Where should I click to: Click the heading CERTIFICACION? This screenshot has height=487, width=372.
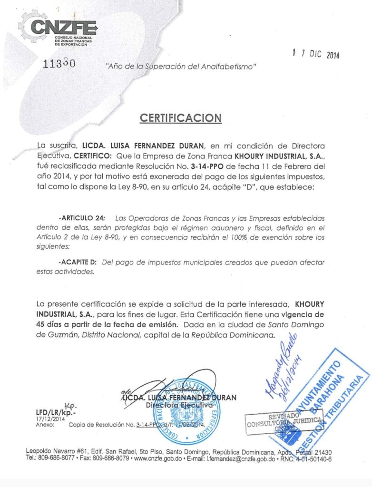coord(181,118)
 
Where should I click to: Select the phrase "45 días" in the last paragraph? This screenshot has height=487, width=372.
coord(51,325)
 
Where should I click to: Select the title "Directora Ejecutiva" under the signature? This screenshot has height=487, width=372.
coord(178,405)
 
